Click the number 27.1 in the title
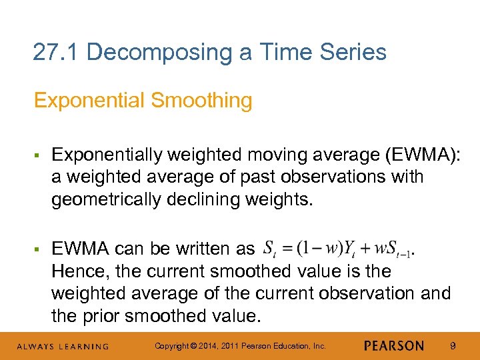coord(56,51)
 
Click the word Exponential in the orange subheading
coord(89,101)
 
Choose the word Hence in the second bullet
coord(74,271)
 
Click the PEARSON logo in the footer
coord(394,346)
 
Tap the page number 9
coord(453,346)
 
